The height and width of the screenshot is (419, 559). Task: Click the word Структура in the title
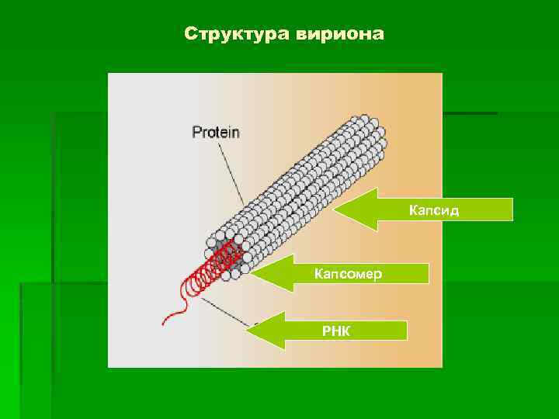click(x=234, y=35)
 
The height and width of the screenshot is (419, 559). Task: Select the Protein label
click(x=216, y=132)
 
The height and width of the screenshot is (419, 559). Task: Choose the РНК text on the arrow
click(x=337, y=331)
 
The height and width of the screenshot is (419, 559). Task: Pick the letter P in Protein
click(x=197, y=132)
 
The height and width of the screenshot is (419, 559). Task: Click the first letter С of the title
click(x=191, y=35)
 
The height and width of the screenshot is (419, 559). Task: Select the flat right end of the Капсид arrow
click(x=512, y=209)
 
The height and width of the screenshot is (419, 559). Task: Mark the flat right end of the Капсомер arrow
click(x=429, y=273)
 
